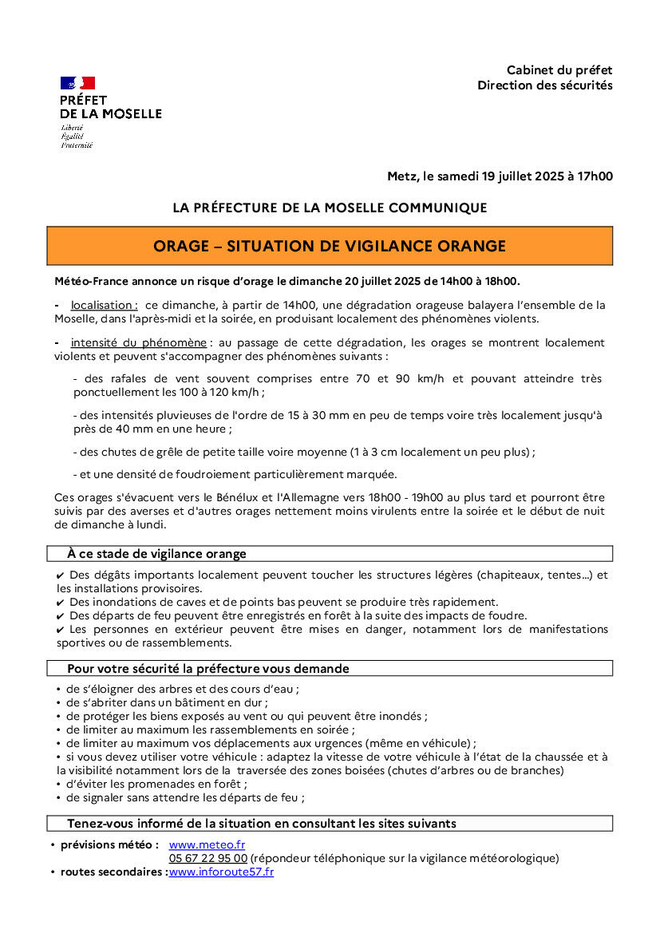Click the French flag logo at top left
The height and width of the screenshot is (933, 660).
[x=77, y=83]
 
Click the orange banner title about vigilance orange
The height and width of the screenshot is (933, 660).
[x=330, y=246]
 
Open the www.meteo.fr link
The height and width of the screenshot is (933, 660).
[x=207, y=844]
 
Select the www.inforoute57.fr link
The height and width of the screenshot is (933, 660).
[x=221, y=872]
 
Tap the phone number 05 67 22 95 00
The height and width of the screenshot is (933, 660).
[x=207, y=858]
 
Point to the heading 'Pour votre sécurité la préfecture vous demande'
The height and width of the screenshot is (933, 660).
[x=207, y=668]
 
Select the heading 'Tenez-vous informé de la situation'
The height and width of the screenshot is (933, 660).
[x=261, y=823]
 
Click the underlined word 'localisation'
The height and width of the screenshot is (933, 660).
[x=104, y=305]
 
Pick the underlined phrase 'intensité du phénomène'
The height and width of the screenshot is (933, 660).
[x=138, y=342]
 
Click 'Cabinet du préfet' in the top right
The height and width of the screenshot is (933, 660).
[x=559, y=70]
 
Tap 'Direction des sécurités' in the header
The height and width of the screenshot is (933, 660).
[x=545, y=85]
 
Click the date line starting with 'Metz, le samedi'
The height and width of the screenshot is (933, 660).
[x=500, y=176]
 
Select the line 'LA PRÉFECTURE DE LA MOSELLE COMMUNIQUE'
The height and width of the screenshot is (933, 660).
[x=330, y=208]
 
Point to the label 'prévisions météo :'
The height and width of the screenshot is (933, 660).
[x=109, y=844]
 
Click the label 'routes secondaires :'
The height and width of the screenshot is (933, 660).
[x=113, y=872]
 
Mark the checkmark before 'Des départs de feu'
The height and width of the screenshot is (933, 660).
[x=61, y=616]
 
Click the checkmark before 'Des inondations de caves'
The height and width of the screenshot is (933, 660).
[x=61, y=603]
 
